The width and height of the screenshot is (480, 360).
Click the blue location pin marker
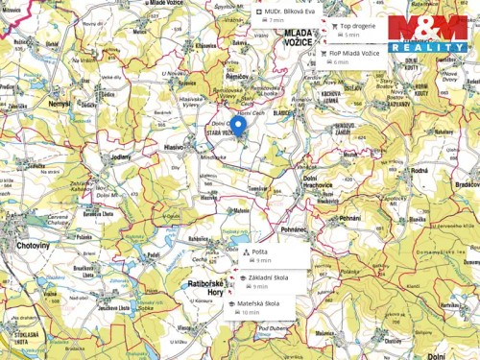point(238,126)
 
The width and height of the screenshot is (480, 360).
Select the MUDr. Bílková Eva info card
point(278,12)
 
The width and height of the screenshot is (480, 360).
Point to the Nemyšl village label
point(59,102)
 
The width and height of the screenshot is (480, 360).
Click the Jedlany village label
point(120,156)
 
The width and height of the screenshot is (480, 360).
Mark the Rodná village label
point(419,170)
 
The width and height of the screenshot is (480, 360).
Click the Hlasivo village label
point(174,147)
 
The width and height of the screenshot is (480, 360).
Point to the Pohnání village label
point(349,218)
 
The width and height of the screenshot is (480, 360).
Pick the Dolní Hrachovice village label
point(335,182)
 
